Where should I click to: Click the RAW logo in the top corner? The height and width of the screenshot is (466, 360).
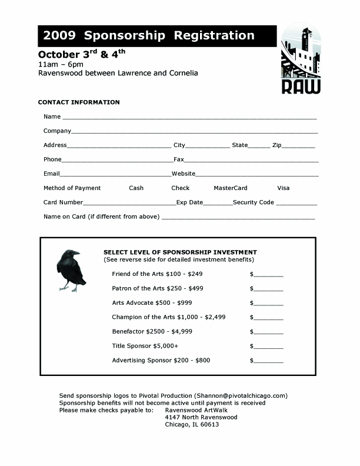(301, 59)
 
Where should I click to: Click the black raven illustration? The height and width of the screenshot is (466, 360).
(71, 269)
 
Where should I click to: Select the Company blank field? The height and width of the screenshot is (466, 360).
(195, 131)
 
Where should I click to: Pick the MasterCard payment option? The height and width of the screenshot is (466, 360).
(230, 188)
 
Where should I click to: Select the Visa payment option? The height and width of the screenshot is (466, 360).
(284, 188)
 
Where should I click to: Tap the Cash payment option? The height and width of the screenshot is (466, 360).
(136, 188)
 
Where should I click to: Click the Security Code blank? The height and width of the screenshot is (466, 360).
(296, 203)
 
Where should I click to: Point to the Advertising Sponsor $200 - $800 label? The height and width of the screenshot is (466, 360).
(161, 360)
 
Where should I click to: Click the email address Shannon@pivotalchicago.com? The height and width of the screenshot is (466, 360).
(241, 395)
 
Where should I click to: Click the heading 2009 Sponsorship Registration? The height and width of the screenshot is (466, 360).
(149, 36)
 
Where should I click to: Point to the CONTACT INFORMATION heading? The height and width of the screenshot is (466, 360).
(79, 102)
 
